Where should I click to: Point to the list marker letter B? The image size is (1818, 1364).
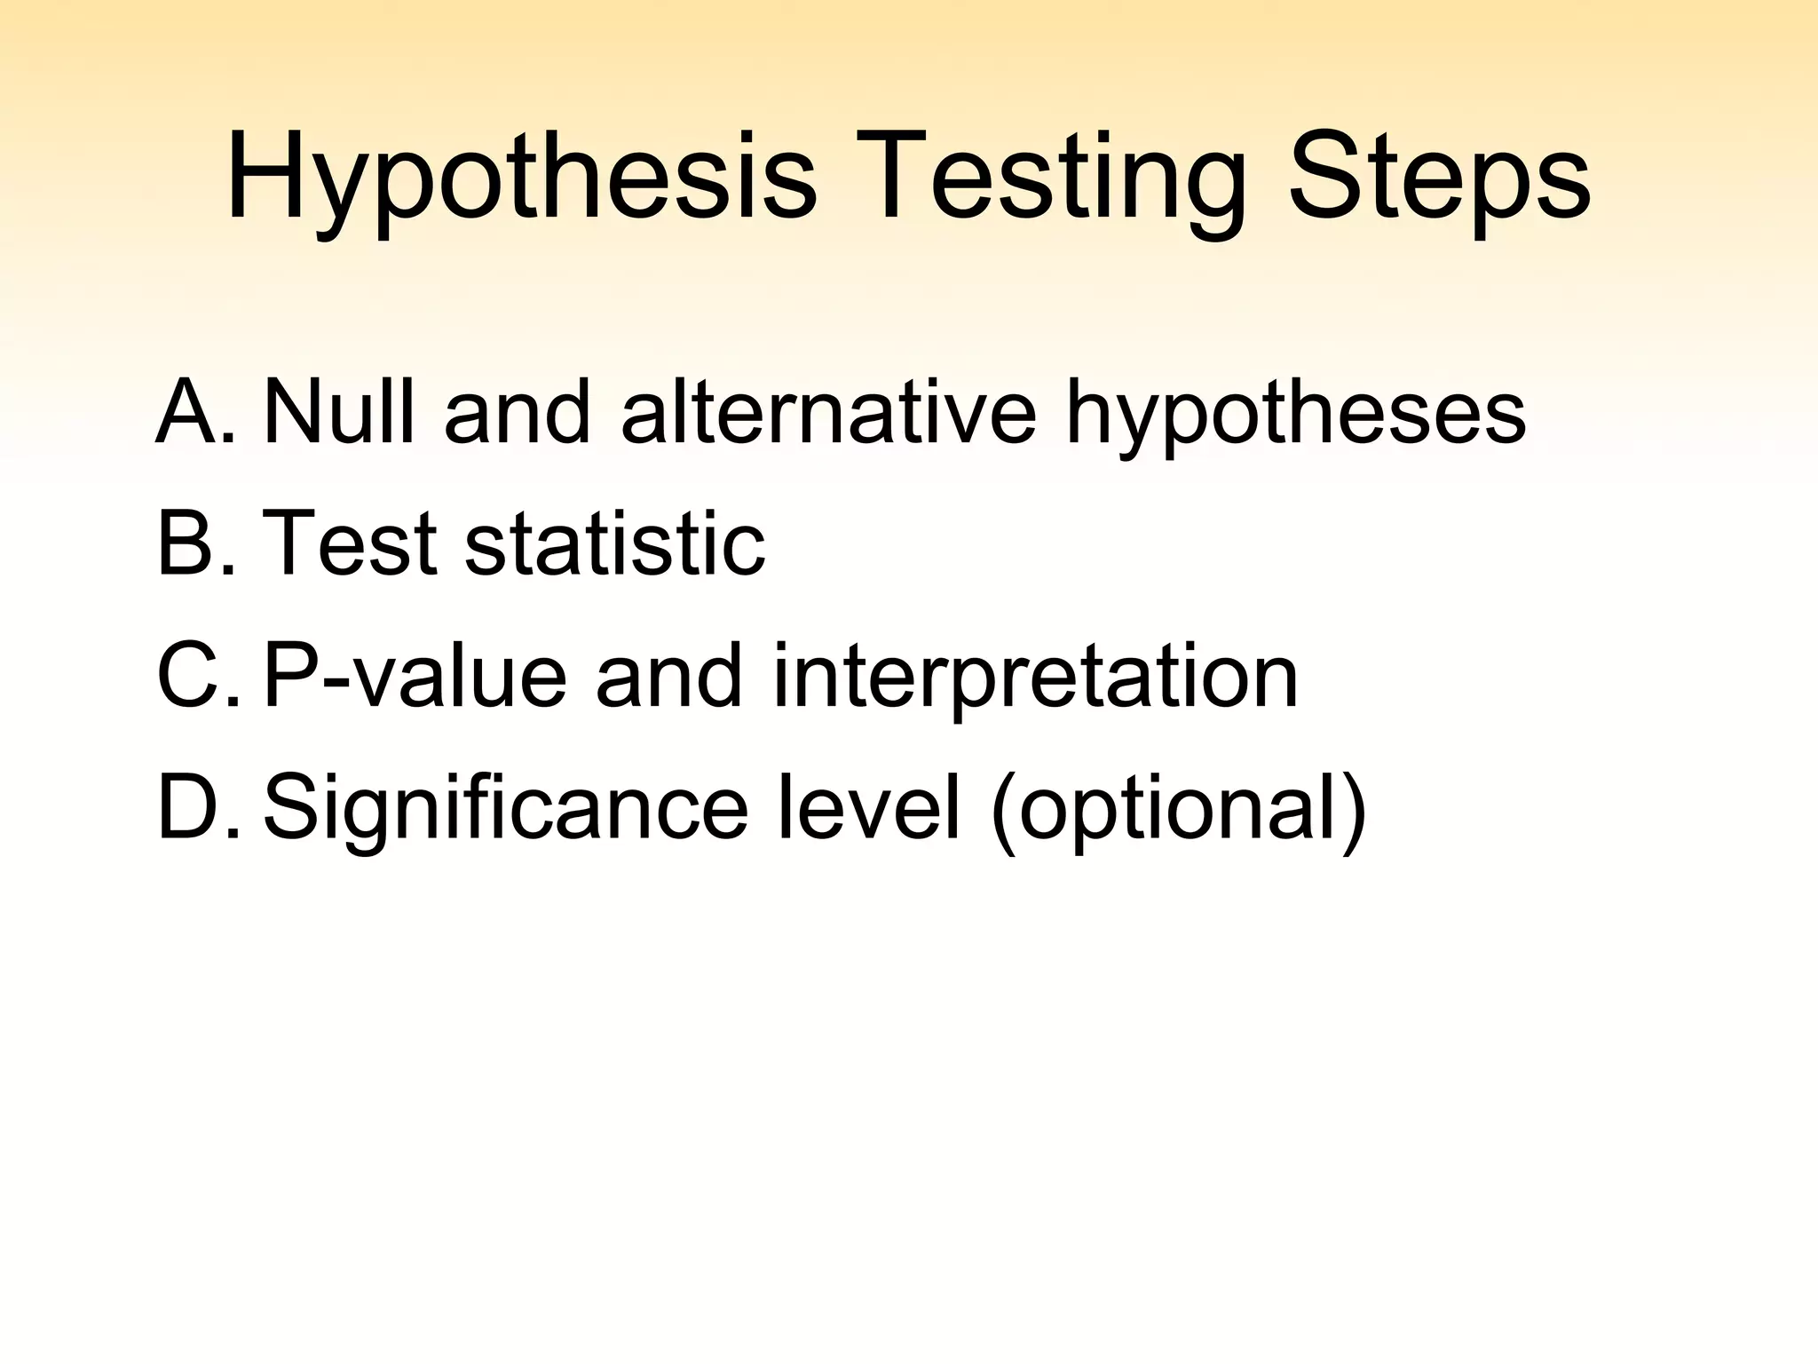188,543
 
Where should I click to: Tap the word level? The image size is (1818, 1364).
869,807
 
